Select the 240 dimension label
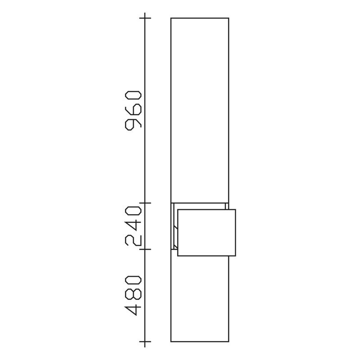[x=134, y=226]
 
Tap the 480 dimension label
[x=134, y=296]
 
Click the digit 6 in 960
[x=134, y=109]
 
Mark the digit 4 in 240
[x=134, y=226]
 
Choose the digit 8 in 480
[x=134, y=296]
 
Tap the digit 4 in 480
[x=134, y=310]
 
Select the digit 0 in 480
[x=134, y=282]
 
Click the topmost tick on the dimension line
[x=145, y=18]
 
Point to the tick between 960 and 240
[x=145, y=203]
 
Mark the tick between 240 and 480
[x=145, y=249]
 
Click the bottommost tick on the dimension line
[x=145, y=342]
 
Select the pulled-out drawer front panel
[x=207, y=233]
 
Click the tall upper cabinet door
[x=200, y=110]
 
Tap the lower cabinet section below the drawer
[x=200, y=299]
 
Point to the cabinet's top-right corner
[x=229, y=18]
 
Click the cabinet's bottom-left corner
[x=171, y=342]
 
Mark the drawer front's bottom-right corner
[x=235, y=256]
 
